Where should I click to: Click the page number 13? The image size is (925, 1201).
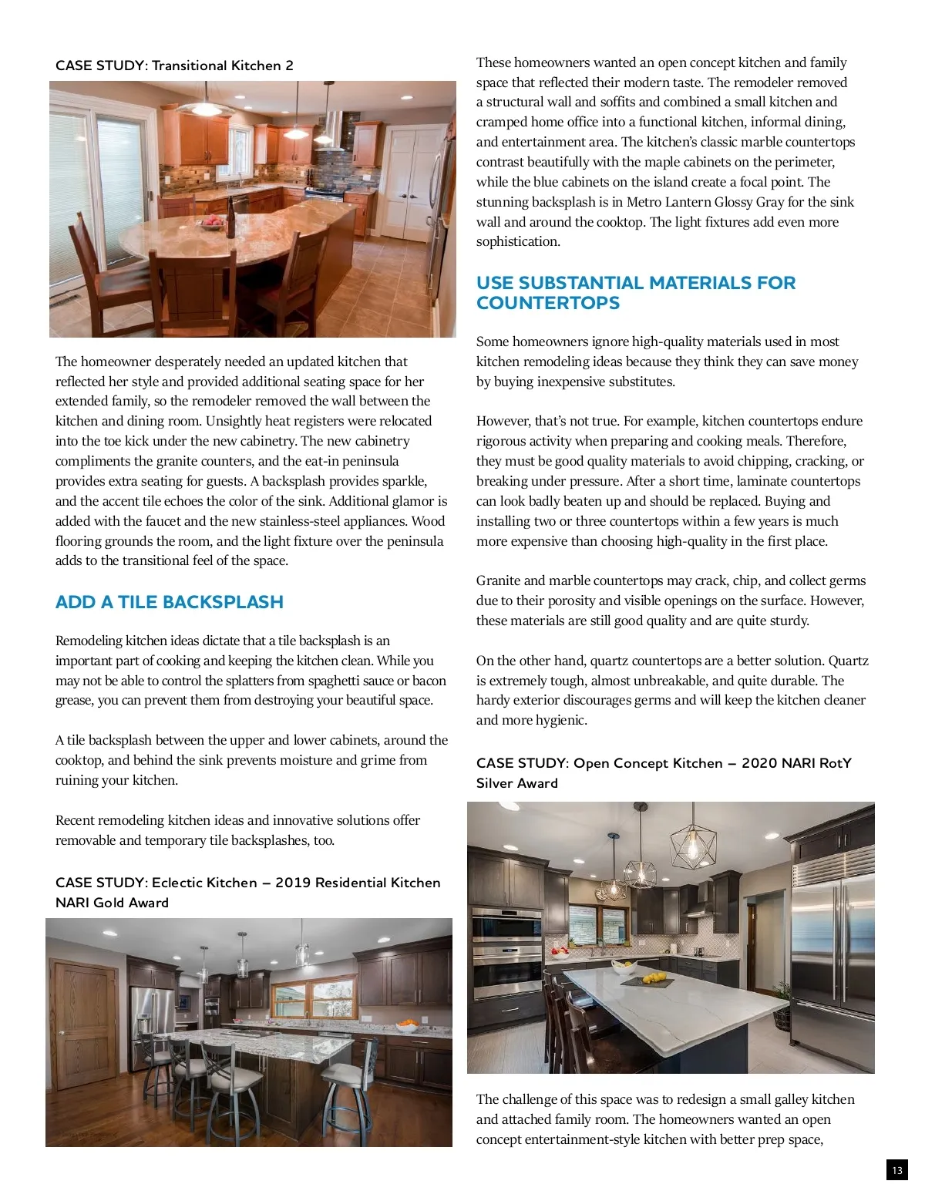coord(896,1170)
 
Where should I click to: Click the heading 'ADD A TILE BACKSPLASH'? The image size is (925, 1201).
coord(170,602)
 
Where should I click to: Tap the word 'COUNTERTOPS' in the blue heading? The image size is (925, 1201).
coord(548,303)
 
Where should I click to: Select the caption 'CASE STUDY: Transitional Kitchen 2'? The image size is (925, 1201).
coord(174,66)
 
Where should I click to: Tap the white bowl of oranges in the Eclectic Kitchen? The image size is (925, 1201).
coord(406,1027)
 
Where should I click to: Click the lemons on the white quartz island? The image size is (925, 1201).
coord(654,978)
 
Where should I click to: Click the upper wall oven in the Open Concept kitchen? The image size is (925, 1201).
coord(496,926)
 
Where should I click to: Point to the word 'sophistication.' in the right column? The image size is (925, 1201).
coord(518,242)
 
